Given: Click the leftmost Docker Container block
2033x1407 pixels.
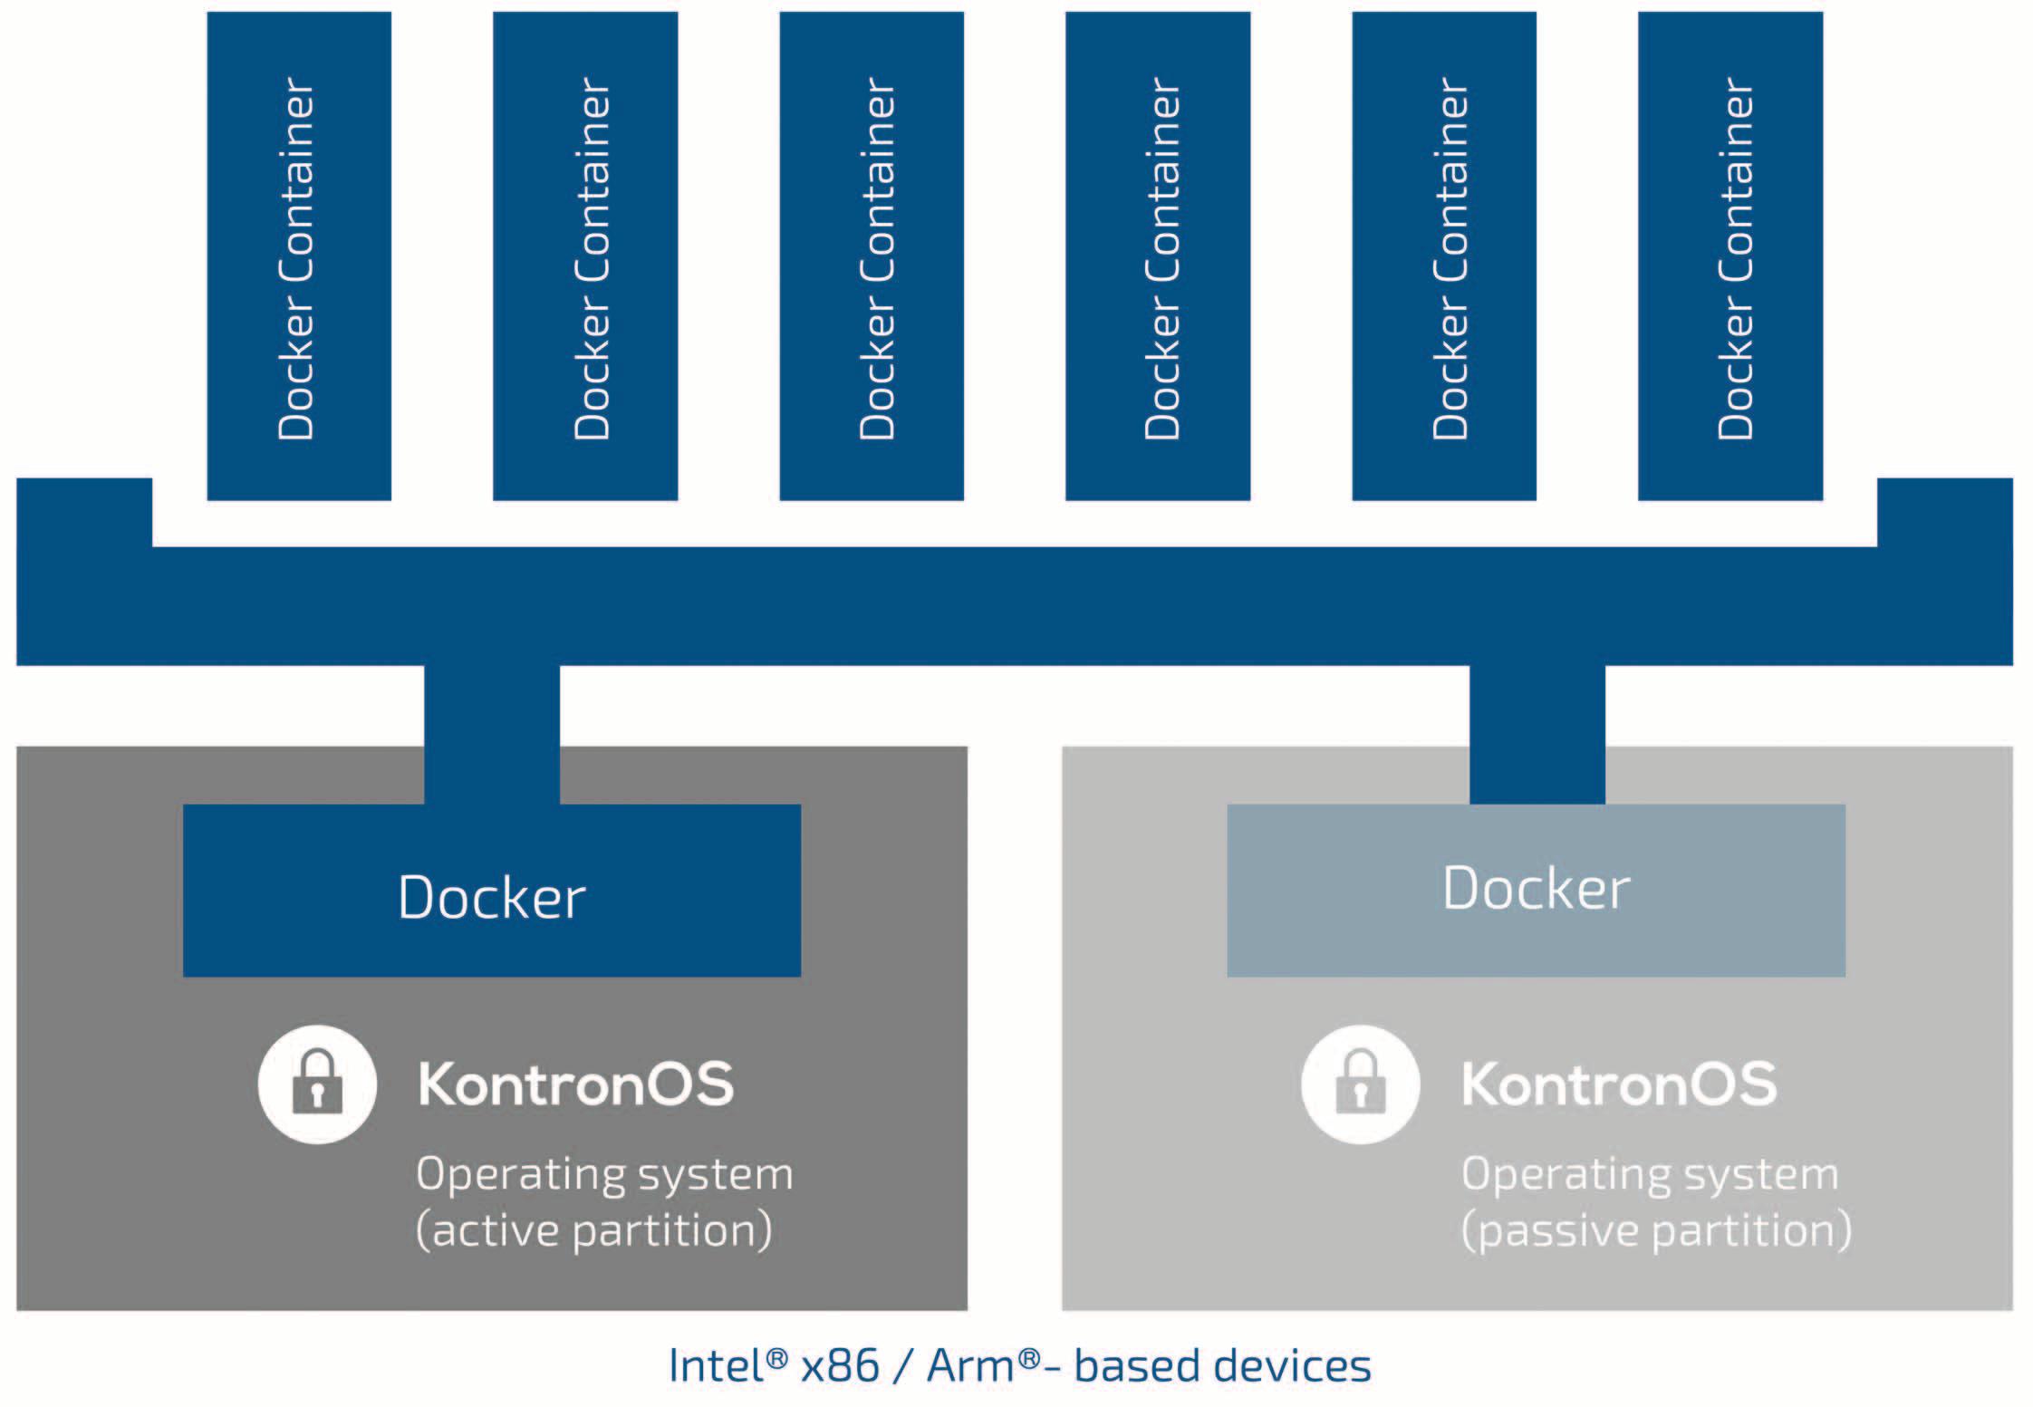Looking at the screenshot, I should [299, 255].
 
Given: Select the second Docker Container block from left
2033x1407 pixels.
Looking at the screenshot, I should [585, 255].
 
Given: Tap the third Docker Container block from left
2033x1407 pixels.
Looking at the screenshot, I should [872, 255].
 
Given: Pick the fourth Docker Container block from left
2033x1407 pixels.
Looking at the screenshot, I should [1158, 255].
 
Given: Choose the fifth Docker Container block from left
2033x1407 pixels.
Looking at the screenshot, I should [1444, 255].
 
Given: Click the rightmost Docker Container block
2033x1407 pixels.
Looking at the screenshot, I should [1730, 255].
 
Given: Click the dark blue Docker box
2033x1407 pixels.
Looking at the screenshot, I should [492, 890].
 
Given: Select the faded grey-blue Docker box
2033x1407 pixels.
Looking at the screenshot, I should [1537, 890].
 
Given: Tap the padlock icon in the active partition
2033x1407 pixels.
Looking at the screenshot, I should [317, 1084].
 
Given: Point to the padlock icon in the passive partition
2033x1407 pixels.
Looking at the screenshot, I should [1361, 1084].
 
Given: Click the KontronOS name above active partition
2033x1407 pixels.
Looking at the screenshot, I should [576, 1084].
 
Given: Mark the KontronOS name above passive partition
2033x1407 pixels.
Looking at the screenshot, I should [1620, 1084].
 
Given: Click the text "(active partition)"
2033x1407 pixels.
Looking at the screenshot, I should [594, 1230].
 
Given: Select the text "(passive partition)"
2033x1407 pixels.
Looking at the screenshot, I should [1656, 1230].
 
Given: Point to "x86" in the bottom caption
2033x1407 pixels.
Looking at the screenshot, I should [840, 1365].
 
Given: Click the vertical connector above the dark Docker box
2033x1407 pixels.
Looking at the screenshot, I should [492, 734].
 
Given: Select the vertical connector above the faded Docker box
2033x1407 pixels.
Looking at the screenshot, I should [1537, 734].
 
